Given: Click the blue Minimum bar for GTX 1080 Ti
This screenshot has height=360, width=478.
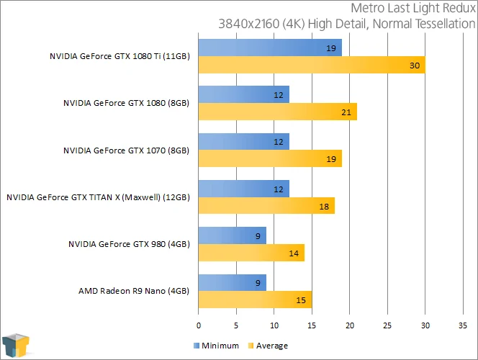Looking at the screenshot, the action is (x=270, y=48).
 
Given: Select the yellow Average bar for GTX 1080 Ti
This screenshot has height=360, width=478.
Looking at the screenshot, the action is (x=312, y=65).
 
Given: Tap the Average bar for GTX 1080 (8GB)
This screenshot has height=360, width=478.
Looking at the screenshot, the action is (x=278, y=112).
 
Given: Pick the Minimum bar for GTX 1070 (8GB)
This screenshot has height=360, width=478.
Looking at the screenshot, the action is (x=244, y=141).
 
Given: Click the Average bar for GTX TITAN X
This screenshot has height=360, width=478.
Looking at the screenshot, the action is (x=266, y=206).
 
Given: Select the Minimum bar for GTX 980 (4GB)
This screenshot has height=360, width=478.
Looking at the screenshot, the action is (x=233, y=235).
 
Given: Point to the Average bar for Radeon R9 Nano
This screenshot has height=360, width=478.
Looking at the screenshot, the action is (x=255, y=300).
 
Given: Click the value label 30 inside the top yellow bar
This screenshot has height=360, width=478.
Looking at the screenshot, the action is (x=415, y=66).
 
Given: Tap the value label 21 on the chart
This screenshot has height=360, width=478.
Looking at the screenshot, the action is (x=346, y=112).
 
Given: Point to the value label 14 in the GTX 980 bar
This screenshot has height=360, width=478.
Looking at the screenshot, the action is (x=294, y=253).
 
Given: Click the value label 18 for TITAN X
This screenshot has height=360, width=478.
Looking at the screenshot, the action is (x=324, y=207).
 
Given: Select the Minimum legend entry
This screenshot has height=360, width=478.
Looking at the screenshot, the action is (x=217, y=346).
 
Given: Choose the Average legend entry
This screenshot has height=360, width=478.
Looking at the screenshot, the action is (x=268, y=346).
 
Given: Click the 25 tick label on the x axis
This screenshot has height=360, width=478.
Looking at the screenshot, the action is (x=387, y=325).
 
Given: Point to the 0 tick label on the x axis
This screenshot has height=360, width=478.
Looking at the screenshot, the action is (x=199, y=325).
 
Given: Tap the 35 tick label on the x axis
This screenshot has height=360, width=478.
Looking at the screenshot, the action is (x=463, y=325).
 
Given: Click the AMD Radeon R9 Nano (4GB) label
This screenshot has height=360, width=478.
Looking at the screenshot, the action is (x=134, y=291).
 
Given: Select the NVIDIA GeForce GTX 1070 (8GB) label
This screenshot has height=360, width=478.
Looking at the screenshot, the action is (x=126, y=150).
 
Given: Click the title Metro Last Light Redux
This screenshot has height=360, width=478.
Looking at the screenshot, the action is (x=413, y=8).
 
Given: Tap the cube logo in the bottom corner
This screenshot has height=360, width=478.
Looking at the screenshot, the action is (x=16, y=346).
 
